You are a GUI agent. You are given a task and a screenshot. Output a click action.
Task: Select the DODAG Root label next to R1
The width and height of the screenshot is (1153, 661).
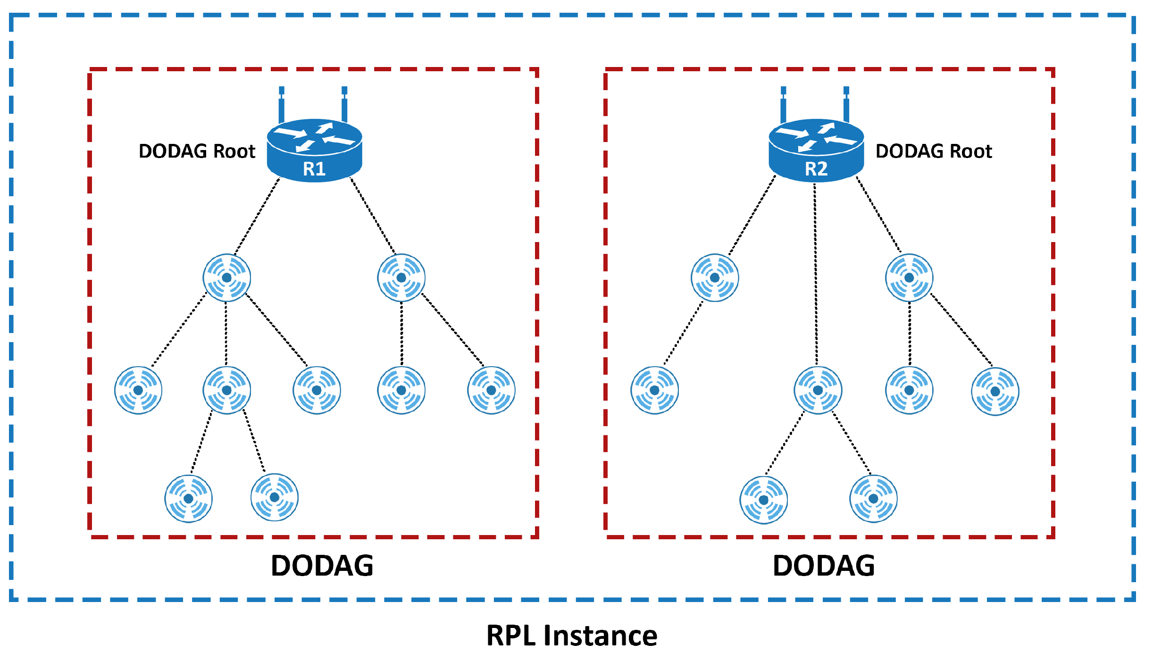point(197,151)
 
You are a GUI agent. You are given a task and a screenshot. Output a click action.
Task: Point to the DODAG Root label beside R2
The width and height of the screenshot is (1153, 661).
point(934,151)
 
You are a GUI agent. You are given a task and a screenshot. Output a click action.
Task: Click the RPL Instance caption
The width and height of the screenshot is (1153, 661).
point(572,636)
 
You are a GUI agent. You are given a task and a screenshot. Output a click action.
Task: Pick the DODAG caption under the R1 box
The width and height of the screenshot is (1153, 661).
point(322,566)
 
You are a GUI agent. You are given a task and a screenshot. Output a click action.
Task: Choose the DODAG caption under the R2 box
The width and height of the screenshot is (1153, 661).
point(824,566)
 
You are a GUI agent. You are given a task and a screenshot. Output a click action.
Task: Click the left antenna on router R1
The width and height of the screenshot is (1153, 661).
point(282,105)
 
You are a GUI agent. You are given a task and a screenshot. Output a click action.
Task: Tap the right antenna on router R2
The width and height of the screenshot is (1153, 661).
point(846,105)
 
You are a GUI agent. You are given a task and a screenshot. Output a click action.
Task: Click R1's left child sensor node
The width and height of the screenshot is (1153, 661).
point(227,278)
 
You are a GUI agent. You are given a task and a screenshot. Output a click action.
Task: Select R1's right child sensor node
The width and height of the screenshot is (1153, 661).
point(401,278)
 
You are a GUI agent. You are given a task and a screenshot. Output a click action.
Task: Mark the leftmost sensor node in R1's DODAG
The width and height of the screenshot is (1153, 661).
point(138,391)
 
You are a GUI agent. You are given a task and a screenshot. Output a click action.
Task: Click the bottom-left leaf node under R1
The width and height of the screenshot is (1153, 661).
point(189,499)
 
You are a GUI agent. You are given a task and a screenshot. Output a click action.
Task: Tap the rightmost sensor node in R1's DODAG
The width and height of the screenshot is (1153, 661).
point(491,391)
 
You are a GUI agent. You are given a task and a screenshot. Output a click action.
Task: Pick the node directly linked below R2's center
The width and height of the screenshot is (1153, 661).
point(818,391)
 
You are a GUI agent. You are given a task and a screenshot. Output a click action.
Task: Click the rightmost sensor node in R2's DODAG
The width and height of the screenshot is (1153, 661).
point(995,392)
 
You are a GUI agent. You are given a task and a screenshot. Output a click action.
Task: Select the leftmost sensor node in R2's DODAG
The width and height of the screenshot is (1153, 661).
point(655,391)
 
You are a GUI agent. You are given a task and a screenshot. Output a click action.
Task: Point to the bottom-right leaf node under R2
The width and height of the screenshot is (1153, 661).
point(873,499)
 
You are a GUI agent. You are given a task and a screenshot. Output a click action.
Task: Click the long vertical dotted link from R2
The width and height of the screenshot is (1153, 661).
point(816,274)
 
